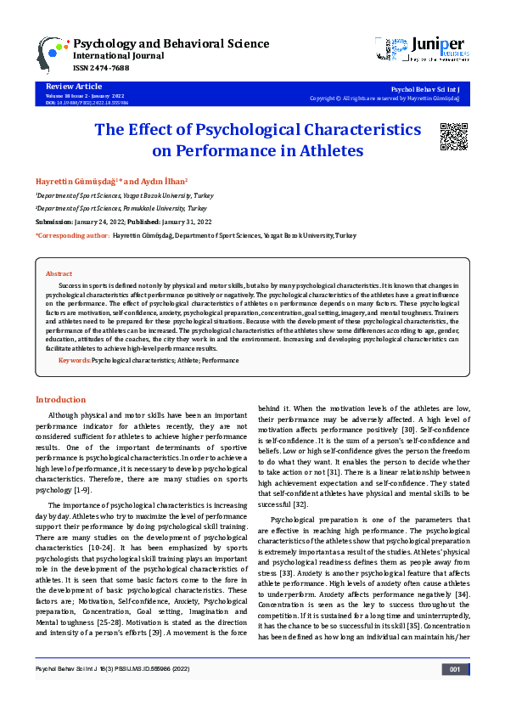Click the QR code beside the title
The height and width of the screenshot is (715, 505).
pos(454,137)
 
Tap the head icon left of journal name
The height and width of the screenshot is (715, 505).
pos(53,53)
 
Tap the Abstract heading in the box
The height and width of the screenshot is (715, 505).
pos(59,274)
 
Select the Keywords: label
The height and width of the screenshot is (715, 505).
pos(74,361)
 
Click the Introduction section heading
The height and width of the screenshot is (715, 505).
pos(60,399)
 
